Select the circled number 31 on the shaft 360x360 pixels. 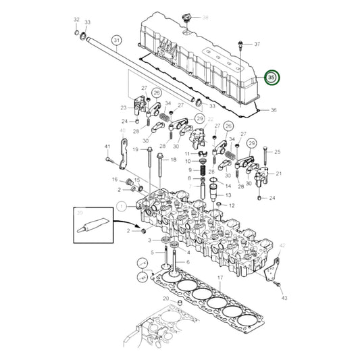point(116,41)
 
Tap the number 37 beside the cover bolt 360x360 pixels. point(257,44)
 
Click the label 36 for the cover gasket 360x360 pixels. point(274,110)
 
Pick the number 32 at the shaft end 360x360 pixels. point(76,20)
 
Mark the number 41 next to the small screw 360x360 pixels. point(107,147)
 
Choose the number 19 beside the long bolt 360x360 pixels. point(135,150)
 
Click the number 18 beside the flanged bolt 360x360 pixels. point(173,159)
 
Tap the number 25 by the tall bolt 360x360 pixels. point(277,152)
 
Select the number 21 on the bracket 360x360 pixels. point(279,174)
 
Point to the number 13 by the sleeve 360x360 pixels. point(228,195)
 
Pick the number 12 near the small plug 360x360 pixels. point(233,205)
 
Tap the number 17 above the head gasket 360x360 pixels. point(220,278)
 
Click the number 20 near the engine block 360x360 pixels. point(165,298)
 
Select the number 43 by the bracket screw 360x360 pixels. point(284,298)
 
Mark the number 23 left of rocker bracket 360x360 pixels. point(123,107)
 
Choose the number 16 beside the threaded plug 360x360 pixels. point(114,180)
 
